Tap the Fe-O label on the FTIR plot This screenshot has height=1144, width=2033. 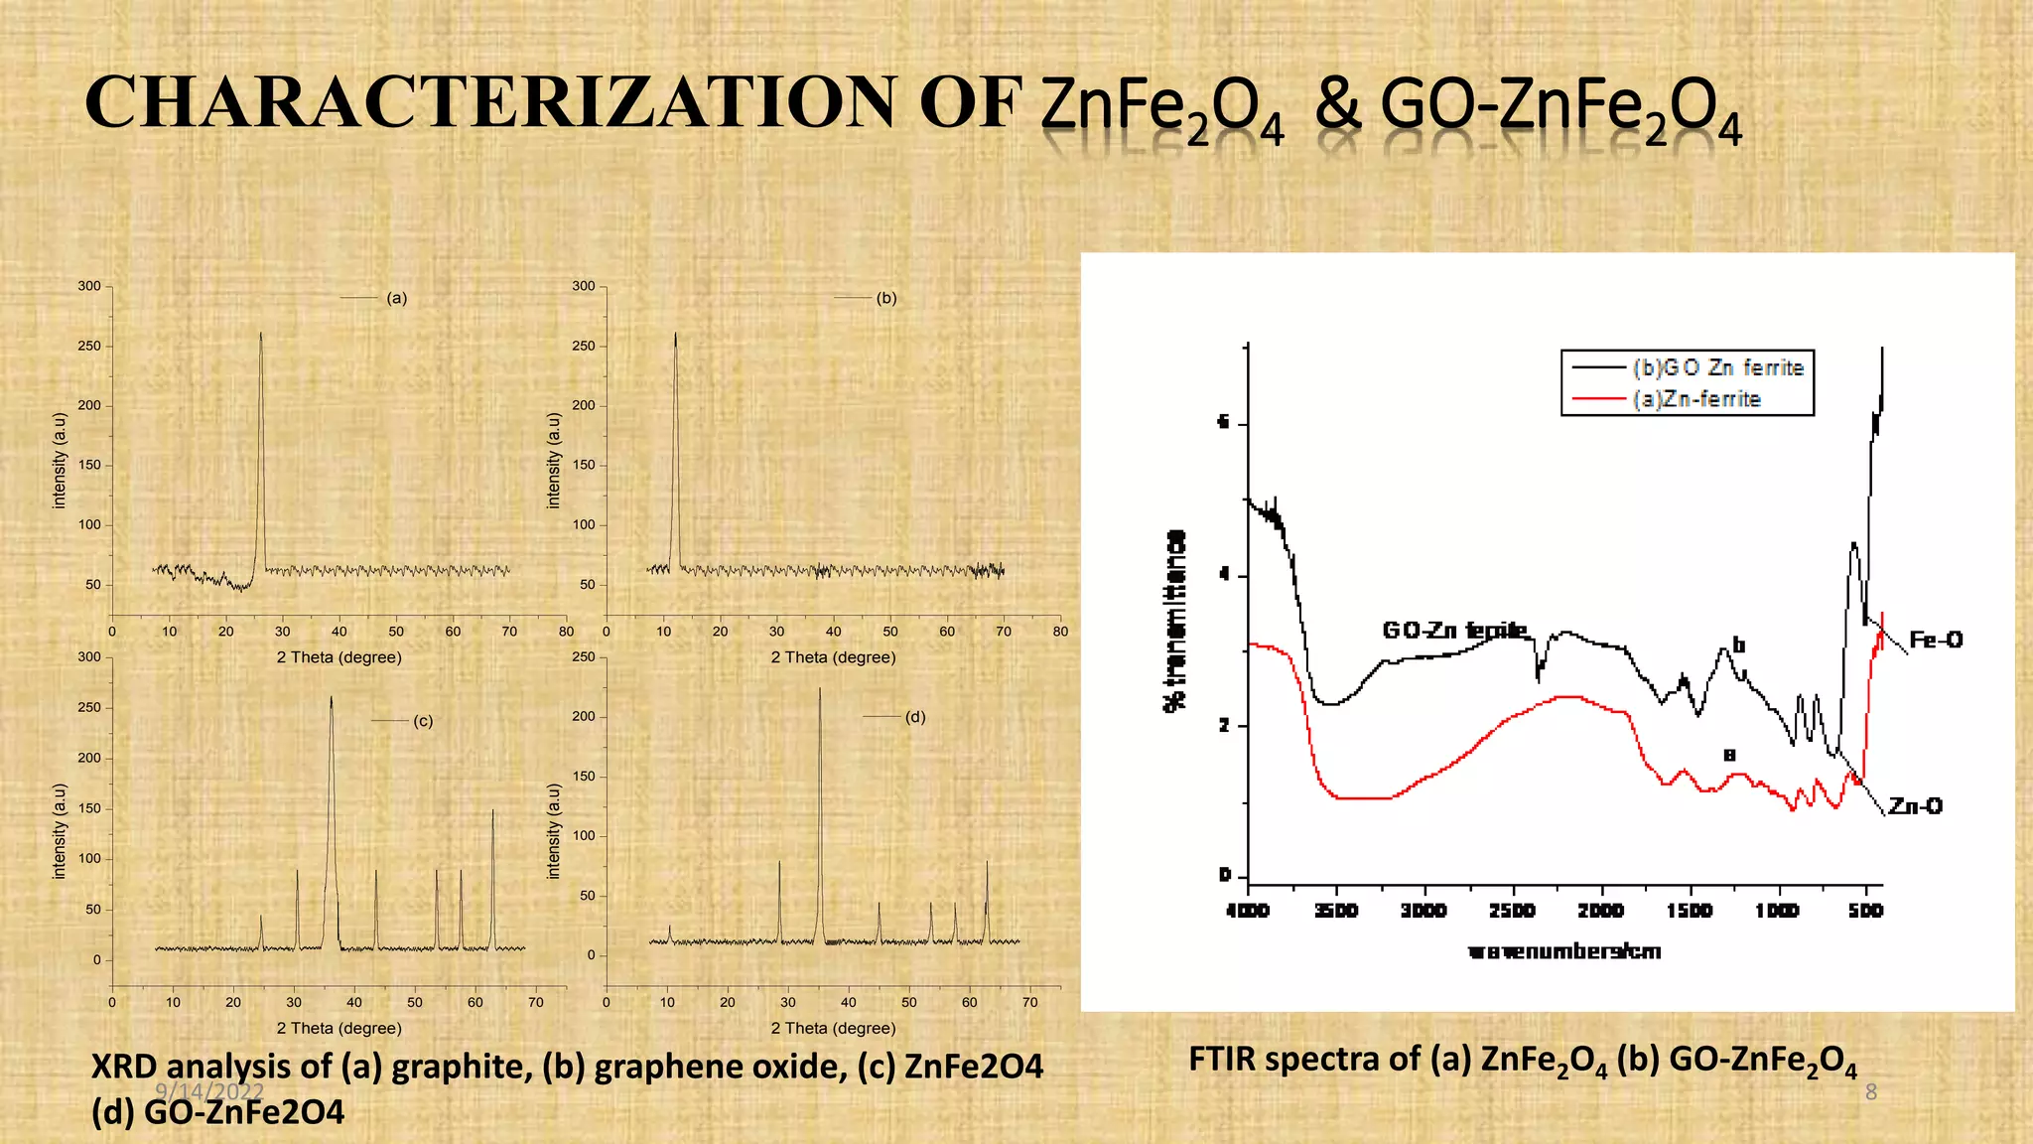coord(1936,640)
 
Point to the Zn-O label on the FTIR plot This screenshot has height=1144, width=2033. coord(1915,805)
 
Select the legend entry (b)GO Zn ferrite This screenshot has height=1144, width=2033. coord(1717,367)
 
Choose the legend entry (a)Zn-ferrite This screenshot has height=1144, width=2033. coord(1696,399)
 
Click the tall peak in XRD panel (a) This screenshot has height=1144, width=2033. coord(261,338)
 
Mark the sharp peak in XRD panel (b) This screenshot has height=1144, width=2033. coord(675,338)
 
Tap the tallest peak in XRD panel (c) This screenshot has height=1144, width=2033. coord(332,701)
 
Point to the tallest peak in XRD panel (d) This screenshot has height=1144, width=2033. coord(820,692)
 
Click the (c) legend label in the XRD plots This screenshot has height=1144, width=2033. coord(423,721)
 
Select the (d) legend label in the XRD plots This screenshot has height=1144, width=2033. coord(915,716)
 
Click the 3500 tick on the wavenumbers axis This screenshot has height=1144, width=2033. coord(1336,911)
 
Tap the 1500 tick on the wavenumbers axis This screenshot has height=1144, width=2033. coord(1690,911)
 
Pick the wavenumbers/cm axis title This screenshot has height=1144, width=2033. coord(1564,951)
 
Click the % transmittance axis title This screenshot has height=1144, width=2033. coord(1174,621)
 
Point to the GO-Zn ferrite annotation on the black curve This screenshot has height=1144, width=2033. coord(1454,631)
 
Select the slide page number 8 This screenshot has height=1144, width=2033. coord(1871,1092)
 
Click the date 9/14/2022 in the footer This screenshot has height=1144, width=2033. coord(209,1091)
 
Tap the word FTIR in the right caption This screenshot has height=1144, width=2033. coord(1222,1060)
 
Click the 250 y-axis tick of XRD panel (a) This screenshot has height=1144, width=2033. coord(89,347)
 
